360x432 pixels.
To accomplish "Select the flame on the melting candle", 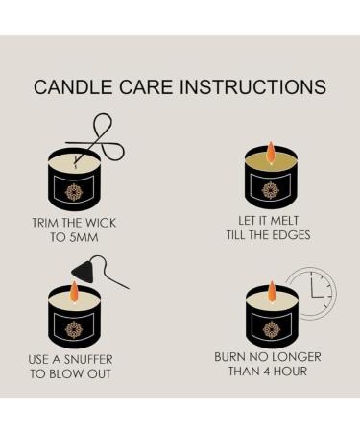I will pyautogui.click(x=271, y=152).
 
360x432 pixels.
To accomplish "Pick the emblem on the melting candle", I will pyautogui.click(x=271, y=189).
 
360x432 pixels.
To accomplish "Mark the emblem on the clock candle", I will pyautogui.click(x=271, y=328).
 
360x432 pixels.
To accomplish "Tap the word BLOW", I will pyautogui.click(x=84, y=373).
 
